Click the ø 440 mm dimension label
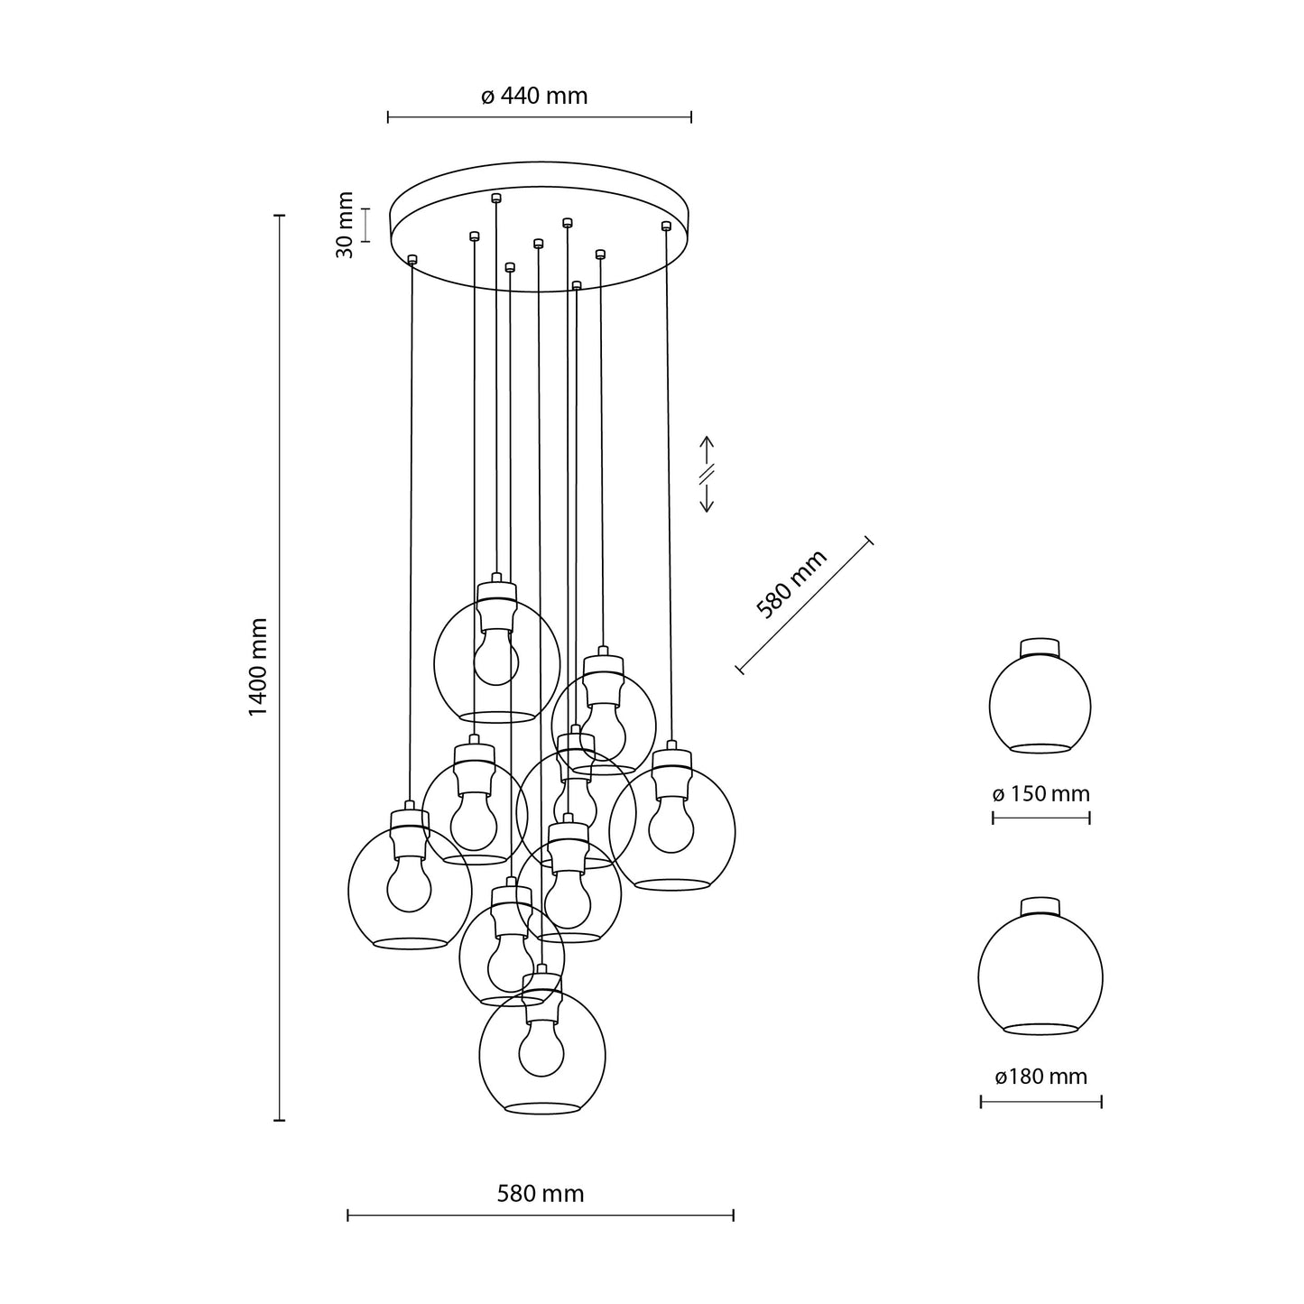(x=534, y=96)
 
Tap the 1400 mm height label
(x=259, y=667)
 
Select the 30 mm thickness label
(x=344, y=225)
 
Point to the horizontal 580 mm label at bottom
(x=541, y=1194)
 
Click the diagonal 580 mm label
(x=791, y=585)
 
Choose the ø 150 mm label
(x=1040, y=794)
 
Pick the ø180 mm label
(x=1040, y=1077)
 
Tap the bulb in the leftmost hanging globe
(x=409, y=887)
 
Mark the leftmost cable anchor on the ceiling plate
(x=412, y=260)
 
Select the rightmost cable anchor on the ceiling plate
(x=666, y=225)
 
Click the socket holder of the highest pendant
(x=496, y=606)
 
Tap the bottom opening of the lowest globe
(x=541, y=1108)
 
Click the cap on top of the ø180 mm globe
(x=1040, y=906)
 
